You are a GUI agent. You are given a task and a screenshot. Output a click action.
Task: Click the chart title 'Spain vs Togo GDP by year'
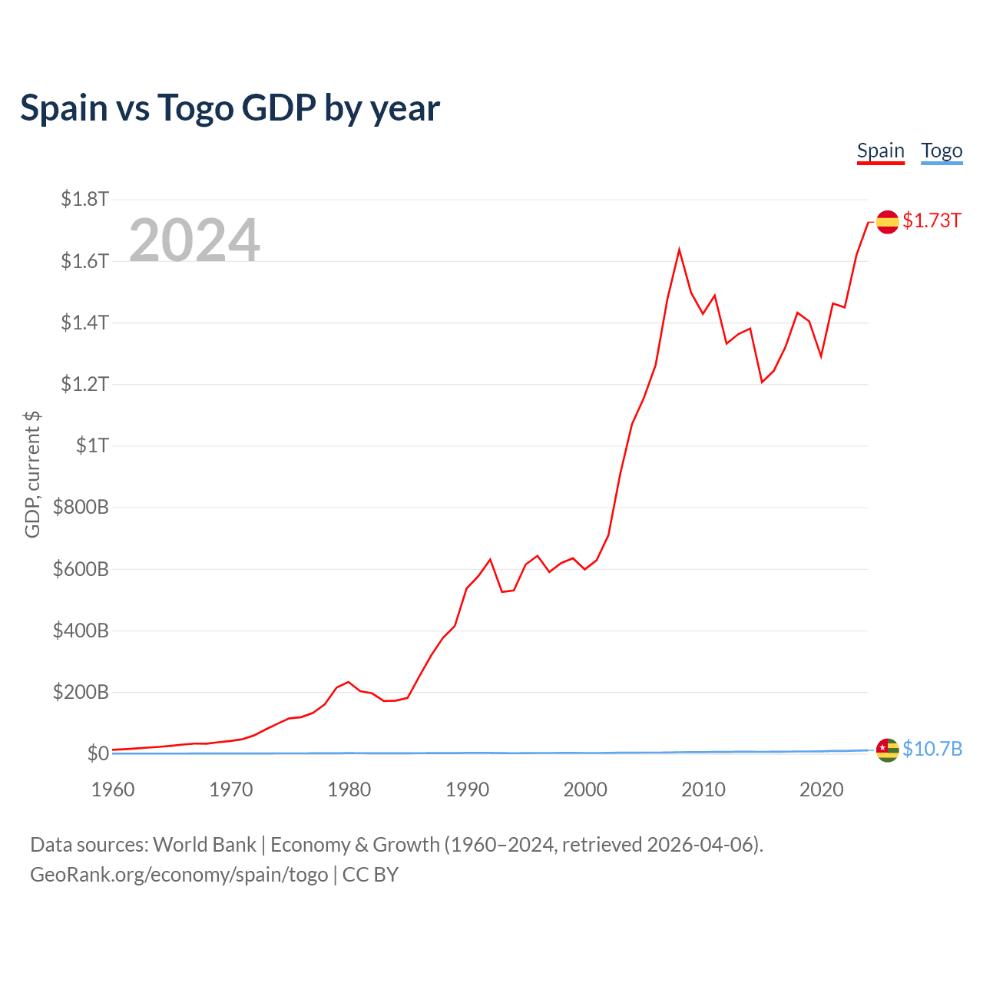coord(230,108)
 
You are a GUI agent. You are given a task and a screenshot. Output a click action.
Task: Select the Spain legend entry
coord(880,151)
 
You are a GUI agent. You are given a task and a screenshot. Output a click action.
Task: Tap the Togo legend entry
coord(942,151)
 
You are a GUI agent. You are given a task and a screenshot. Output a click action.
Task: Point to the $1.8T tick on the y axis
coord(84,200)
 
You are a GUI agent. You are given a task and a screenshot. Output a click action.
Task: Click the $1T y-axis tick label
coord(92,445)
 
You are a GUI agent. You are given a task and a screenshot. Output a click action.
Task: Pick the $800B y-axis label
coord(81,507)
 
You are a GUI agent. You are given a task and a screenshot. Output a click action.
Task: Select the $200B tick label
coord(81,692)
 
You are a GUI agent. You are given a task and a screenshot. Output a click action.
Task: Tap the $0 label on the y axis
coord(98,753)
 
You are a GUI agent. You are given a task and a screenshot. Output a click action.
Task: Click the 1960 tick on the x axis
coord(113,789)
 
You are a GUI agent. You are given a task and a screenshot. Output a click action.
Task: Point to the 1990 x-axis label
coord(467,789)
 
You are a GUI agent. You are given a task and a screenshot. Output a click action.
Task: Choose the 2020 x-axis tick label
coord(821,789)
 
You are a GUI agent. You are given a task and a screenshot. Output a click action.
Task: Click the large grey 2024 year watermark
coord(194,240)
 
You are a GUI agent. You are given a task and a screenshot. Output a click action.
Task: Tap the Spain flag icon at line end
coord(887,221)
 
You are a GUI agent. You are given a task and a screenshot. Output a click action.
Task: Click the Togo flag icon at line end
coord(887,750)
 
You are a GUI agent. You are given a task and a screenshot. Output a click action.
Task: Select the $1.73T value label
coord(932,221)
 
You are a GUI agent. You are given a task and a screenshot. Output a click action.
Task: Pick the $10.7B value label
coord(932,749)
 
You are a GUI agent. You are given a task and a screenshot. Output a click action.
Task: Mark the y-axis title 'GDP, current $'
coord(32,475)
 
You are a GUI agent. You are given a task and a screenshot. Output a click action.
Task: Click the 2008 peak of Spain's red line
coord(679,250)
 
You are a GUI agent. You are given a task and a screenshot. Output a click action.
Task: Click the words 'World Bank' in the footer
coord(204,845)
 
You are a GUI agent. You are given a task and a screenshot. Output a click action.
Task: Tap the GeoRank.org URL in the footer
coord(179,875)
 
